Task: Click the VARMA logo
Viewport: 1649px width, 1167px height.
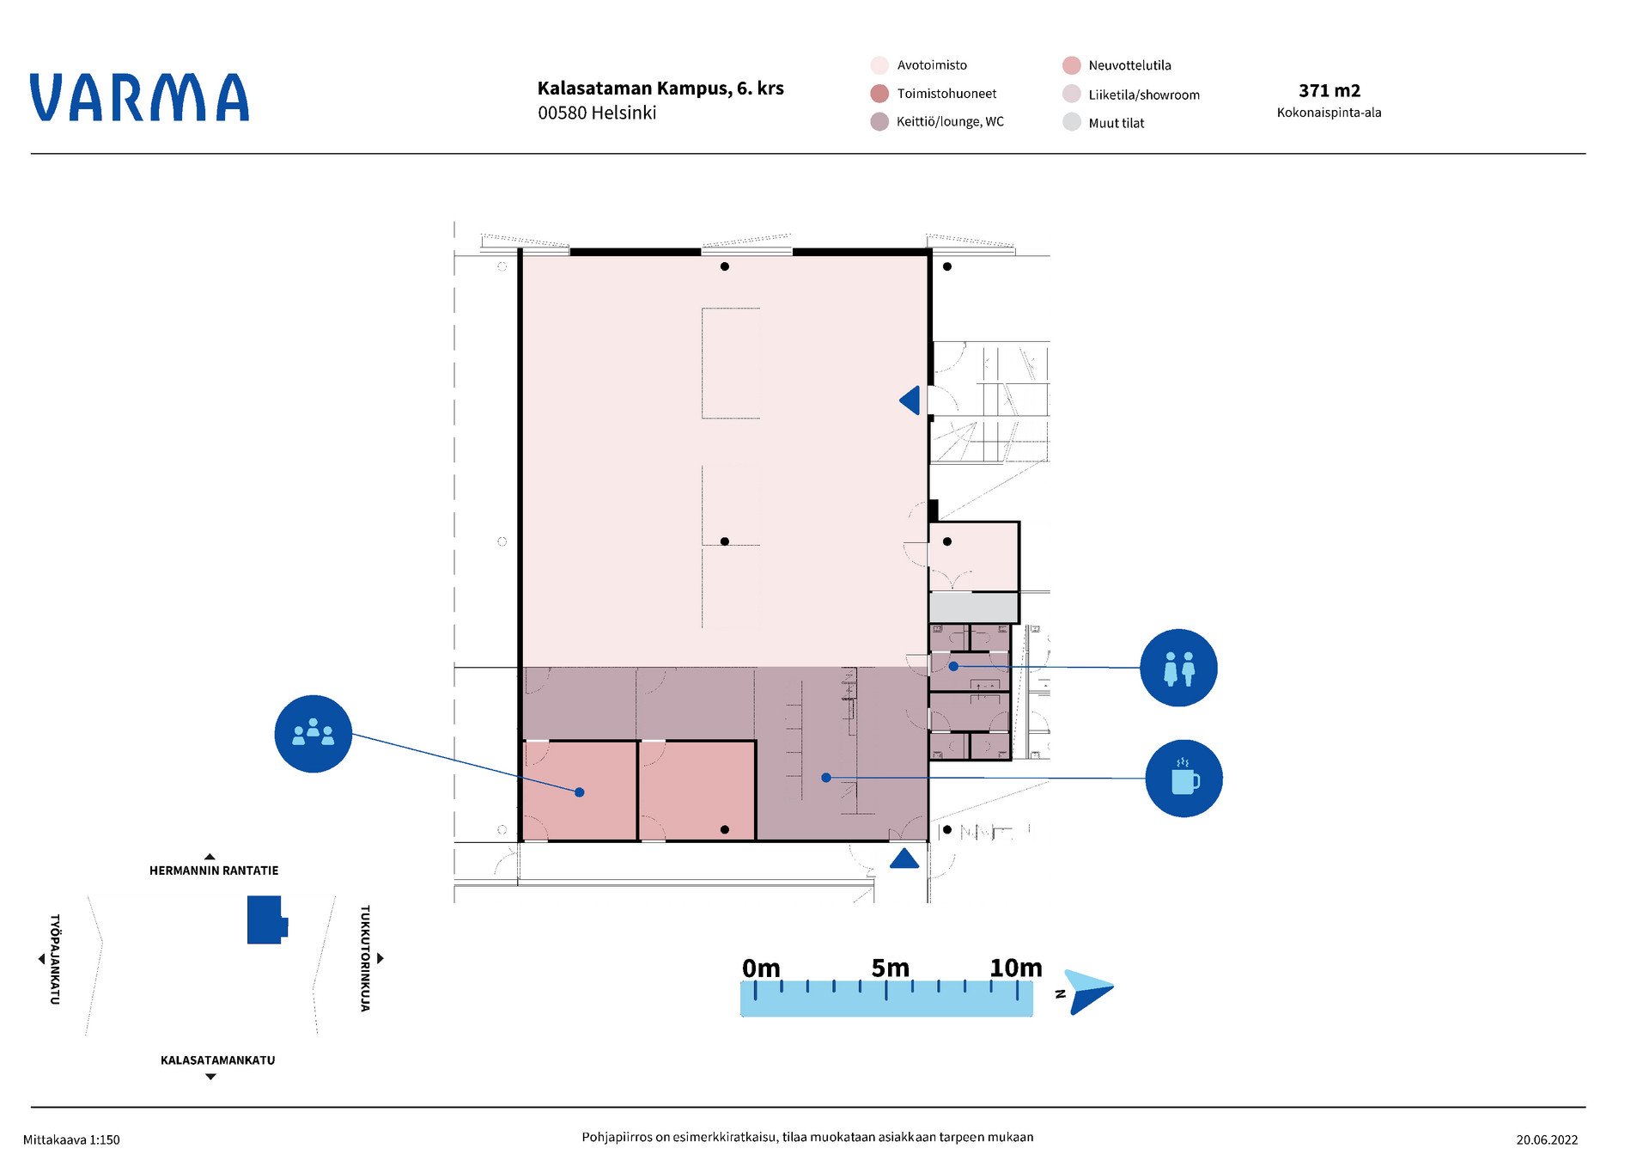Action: pyautogui.click(x=139, y=97)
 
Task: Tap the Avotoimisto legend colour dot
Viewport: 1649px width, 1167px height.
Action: pyautogui.click(x=879, y=65)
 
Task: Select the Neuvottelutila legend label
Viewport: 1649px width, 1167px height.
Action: pyautogui.click(x=1129, y=65)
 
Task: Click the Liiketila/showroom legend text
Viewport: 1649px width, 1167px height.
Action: pyautogui.click(x=1144, y=95)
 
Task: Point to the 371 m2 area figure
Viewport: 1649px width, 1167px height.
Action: pyautogui.click(x=1330, y=90)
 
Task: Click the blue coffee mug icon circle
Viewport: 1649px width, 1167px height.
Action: pyautogui.click(x=1184, y=779)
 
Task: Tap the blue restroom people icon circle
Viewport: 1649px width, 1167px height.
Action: pyautogui.click(x=1178, y=668)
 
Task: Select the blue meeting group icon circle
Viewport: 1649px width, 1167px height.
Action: pyautogui.click(x=313, y=734)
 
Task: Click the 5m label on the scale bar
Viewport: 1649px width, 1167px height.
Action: pyautogui.click(x=890, y=968)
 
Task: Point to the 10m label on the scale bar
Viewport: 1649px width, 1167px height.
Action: pyautogui.click(x=1016, y=968)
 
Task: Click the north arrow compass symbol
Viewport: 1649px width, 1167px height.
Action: pyautogui.click(x=1087, y=992)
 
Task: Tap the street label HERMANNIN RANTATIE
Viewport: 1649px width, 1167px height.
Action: pyautogui.click(x=214, y=871)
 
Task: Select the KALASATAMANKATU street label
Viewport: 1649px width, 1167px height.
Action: pyautogui.click(x=218, y=1060)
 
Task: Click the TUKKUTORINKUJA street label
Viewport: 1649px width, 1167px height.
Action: pyautogui.click(x=365, y=958)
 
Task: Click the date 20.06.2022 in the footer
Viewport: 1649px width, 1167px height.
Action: pyautogui.click(x=1547, y=1140)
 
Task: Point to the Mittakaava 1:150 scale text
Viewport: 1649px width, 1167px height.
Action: pyautogui.click(x=71, y=1140)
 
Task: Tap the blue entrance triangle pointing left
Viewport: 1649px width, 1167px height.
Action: pyautogui.click(x=910, y=400)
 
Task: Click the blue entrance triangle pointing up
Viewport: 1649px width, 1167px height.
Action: pyautogui.click(x=904, y=858)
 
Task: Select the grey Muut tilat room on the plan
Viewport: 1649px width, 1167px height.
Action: pyautogui.click(x=973, y=608)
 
